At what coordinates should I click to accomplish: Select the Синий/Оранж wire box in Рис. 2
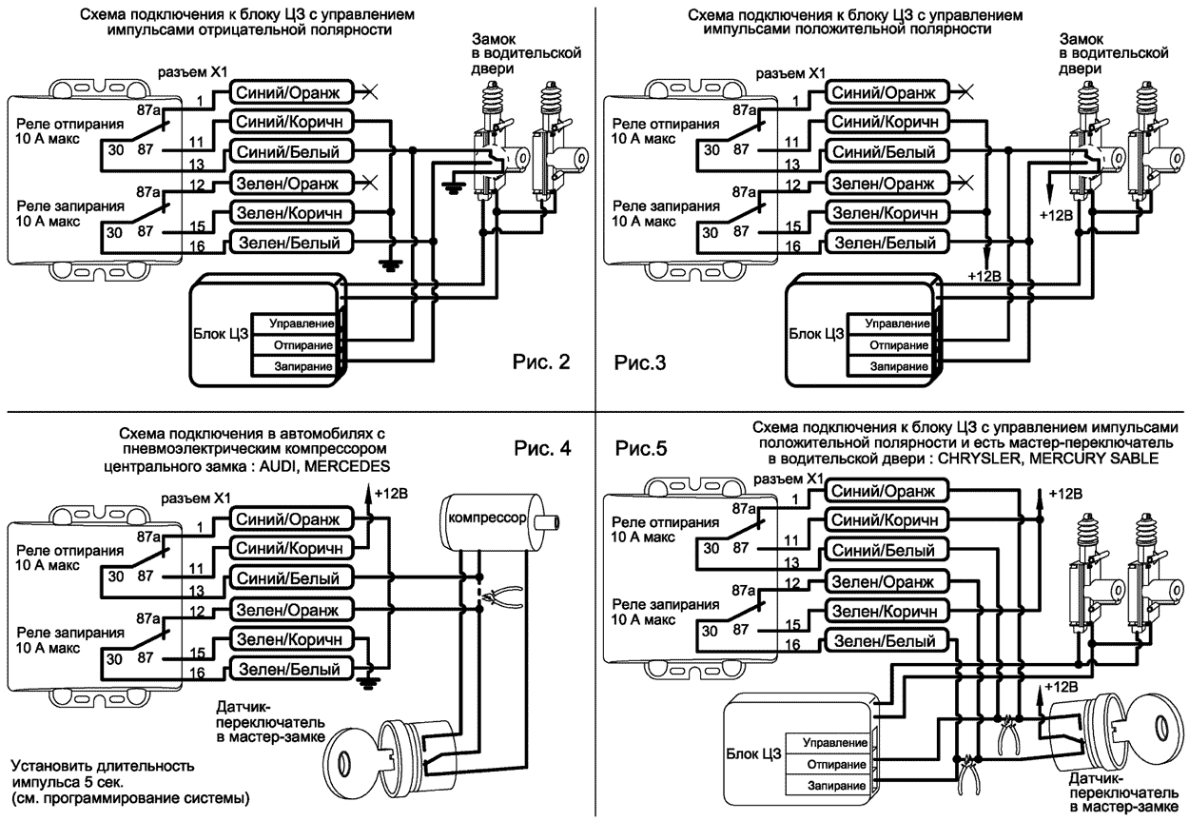pos(289,91)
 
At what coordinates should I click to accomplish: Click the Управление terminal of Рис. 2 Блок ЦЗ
pos(300,325)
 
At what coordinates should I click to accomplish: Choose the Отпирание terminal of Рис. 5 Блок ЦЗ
pos(834,765)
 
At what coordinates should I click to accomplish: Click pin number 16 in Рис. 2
pos(197,246)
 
